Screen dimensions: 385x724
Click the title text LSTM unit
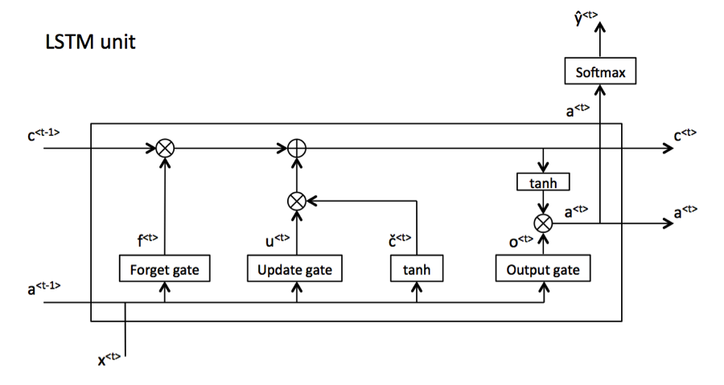(90, 42)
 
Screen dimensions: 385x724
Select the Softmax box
(601, 73)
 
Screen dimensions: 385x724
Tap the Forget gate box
(164, 269)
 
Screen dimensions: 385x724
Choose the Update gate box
(295, 269)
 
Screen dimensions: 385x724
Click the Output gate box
(543, 269)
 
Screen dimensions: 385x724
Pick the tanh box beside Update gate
(417, 269)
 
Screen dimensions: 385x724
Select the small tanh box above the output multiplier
(544, 183)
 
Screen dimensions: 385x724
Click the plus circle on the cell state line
(296, 149)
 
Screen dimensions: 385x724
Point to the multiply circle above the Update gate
(296, 201)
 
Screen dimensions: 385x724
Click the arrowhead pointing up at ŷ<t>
(601, 29)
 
